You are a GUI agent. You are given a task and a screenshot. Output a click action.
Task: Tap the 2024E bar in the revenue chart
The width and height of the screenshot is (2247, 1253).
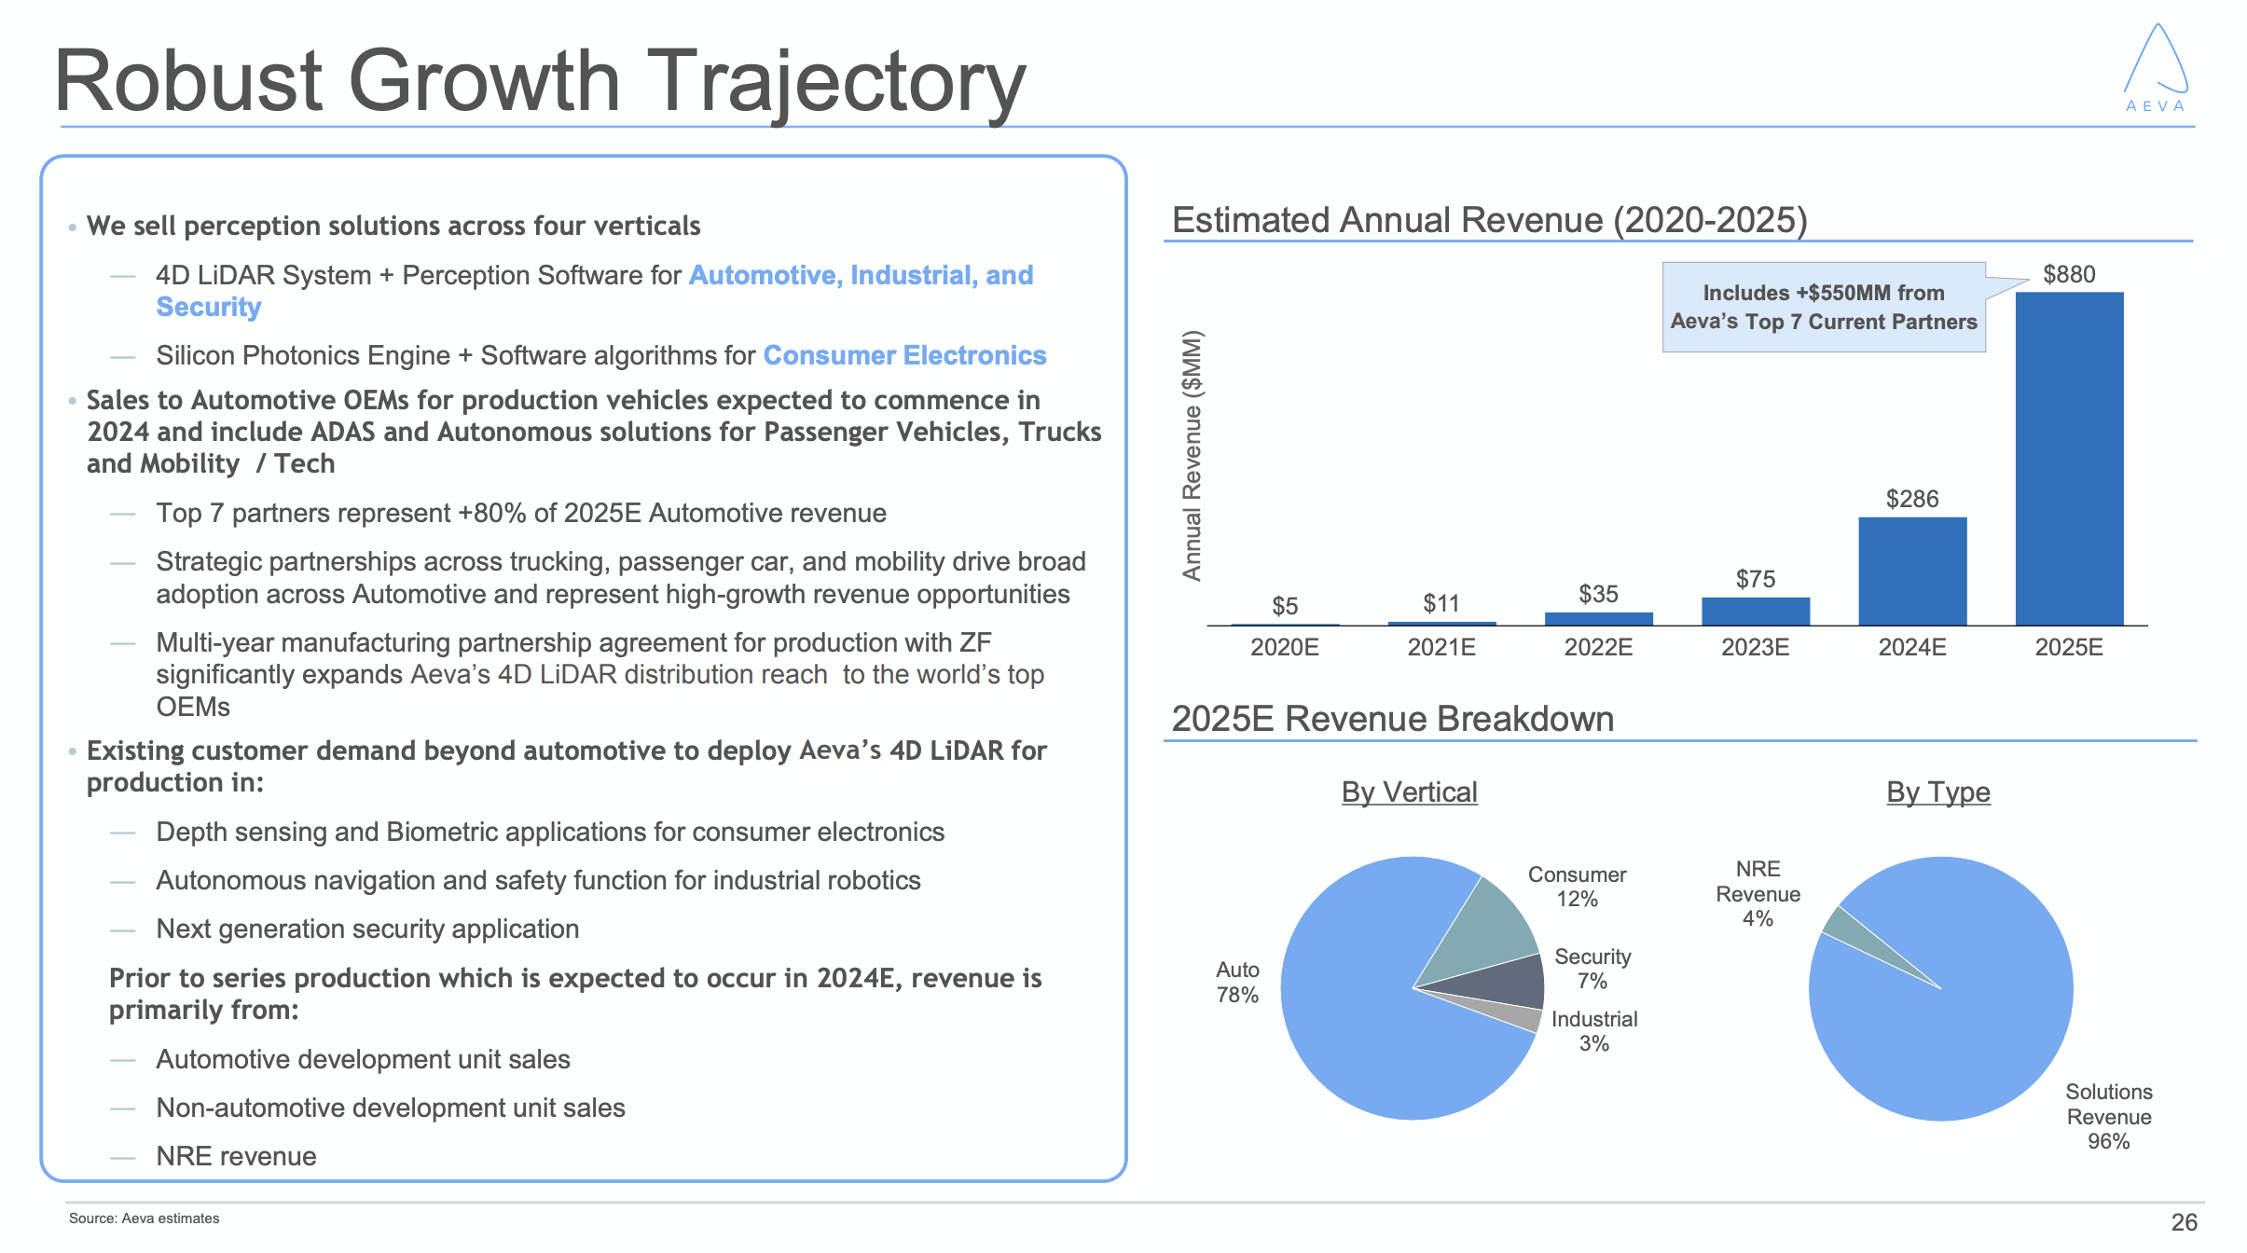1911,571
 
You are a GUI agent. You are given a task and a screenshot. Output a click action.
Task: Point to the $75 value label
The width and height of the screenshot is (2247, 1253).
1755,579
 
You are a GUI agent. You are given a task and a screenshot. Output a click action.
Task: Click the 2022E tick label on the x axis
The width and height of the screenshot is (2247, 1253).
1598,647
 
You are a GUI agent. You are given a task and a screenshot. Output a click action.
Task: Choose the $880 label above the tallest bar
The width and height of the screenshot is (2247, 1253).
2069,274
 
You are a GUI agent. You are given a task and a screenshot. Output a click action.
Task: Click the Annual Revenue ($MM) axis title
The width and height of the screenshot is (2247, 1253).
1192,455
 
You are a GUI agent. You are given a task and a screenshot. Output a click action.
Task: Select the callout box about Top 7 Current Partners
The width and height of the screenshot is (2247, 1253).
1823,307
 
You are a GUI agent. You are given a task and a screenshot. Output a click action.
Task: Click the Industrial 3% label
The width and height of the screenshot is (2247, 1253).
1594,1031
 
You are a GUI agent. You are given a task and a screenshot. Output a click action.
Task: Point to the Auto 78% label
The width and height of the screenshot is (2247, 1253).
1237,983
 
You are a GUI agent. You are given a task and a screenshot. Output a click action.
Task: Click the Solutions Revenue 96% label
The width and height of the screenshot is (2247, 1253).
2108,1116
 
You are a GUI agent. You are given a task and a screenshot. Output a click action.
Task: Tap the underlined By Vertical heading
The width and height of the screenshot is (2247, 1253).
1409,792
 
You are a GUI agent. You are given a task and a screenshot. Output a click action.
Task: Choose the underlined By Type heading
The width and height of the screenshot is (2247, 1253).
1937,792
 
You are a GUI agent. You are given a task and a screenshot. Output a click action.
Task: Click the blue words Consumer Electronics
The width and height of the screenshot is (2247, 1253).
904,355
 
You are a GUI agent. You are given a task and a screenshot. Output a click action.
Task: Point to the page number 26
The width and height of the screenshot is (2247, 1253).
2184,1221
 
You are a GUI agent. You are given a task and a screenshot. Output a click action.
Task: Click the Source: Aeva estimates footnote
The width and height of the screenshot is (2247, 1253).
145,1219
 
